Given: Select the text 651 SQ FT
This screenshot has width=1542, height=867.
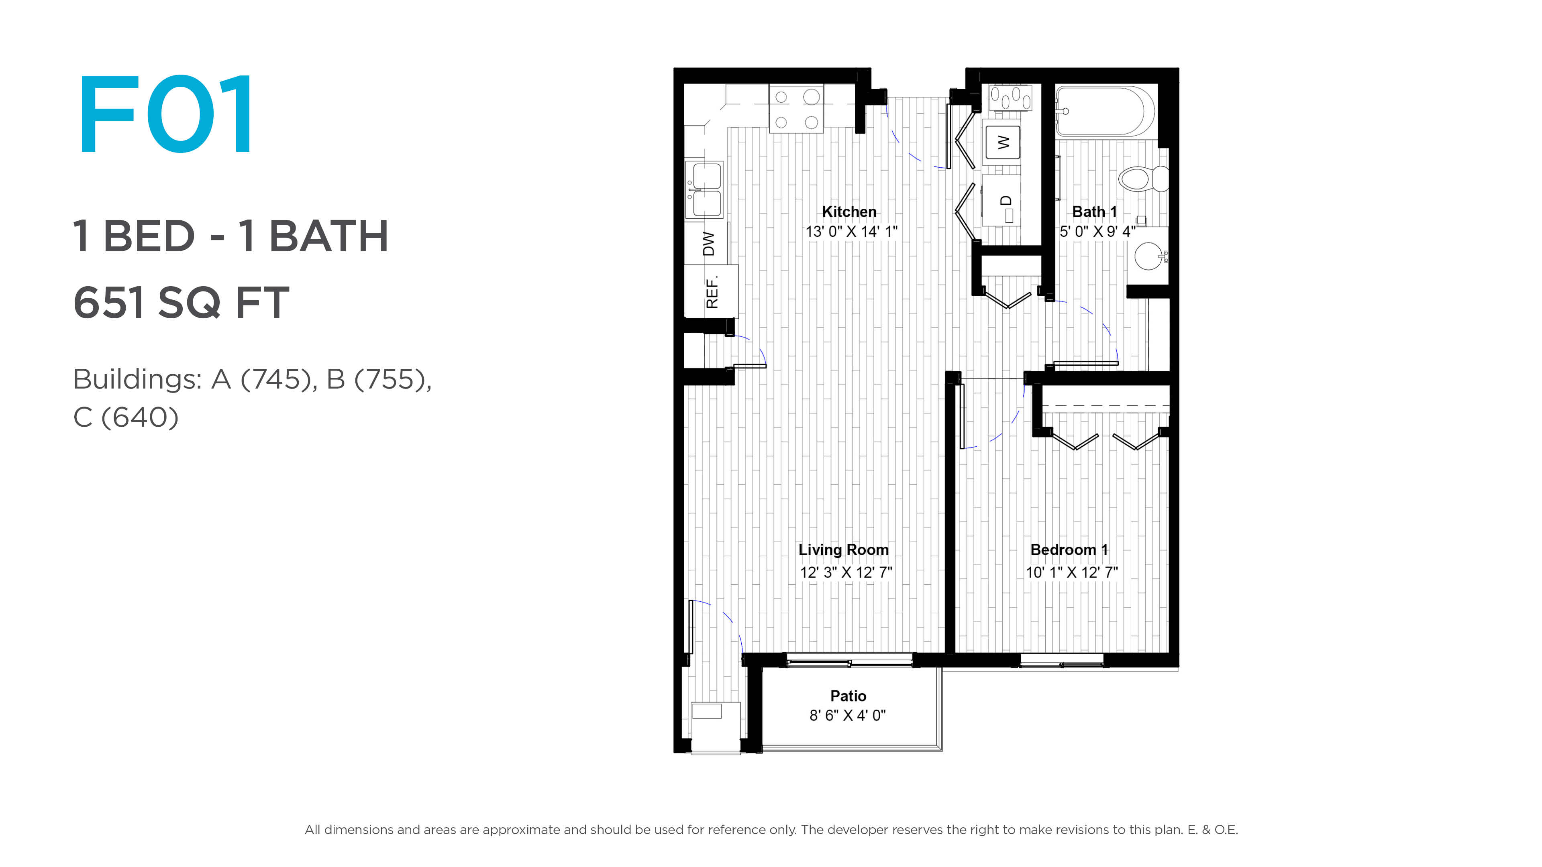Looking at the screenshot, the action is (x=182, y=302).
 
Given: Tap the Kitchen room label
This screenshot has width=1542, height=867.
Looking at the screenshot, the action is (x=849, y=212).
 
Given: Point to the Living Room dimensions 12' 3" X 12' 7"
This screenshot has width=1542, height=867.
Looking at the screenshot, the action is (x=846, y=572).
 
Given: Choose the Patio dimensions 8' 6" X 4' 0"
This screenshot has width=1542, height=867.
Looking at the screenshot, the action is (x=848, y=715).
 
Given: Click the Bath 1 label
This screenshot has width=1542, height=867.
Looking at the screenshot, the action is (x=1094, y=212).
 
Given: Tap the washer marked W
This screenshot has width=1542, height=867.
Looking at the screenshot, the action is (x=1003, y=142).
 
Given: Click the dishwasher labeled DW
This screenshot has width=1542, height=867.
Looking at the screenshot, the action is (x=708, y=244).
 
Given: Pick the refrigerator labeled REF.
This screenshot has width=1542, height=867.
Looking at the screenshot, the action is (x=712, y=291).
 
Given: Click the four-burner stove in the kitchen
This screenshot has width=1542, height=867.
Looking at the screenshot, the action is (x=796, y=109).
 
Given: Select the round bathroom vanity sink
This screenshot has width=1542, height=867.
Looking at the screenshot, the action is (x=1149, y=256).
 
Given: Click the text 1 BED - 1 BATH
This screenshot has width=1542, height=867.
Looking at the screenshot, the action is (x=230, y=236).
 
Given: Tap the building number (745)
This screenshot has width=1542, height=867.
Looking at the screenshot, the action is (x=279, y=379).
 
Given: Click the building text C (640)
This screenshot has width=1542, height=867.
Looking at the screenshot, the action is (x=126, y=417).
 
